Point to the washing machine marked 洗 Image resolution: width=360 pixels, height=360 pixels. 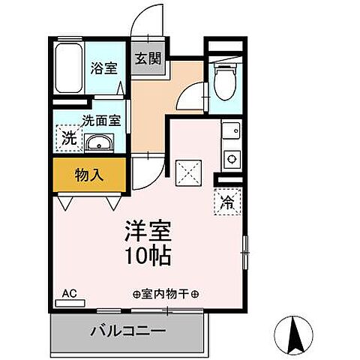67,138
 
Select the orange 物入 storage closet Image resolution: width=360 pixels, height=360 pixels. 88,175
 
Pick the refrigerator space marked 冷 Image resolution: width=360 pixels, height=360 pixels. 227,201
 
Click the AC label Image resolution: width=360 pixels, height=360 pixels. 69,293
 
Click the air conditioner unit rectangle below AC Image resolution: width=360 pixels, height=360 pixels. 70,304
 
